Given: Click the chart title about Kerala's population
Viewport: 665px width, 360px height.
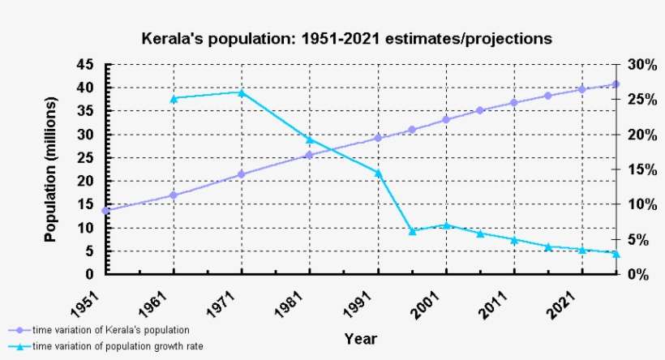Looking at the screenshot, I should pyautogui.click(x=346, y=38).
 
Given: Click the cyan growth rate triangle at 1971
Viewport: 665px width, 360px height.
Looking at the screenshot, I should pyautogui.click(x=241, y=92).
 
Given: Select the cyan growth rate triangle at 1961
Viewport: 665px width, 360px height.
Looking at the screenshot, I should pyautogui.click(x=173, y=99).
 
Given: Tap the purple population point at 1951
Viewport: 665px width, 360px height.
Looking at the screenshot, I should pyautogui.click(x=105, y=211).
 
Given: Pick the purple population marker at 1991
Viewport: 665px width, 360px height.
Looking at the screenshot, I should pyautogui.click(x=377, y=138).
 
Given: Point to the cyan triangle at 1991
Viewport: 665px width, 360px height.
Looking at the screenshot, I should pyautogui.click(x=377, y=173).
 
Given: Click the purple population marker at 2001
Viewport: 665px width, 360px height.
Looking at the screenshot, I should pyautogui.click(x=445, y=120).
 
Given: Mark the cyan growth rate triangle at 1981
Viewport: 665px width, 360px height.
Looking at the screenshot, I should pyautogui.click(x=309, y=139).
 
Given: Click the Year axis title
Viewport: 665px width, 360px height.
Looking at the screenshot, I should pyautogui.click(x=360, y=338).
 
